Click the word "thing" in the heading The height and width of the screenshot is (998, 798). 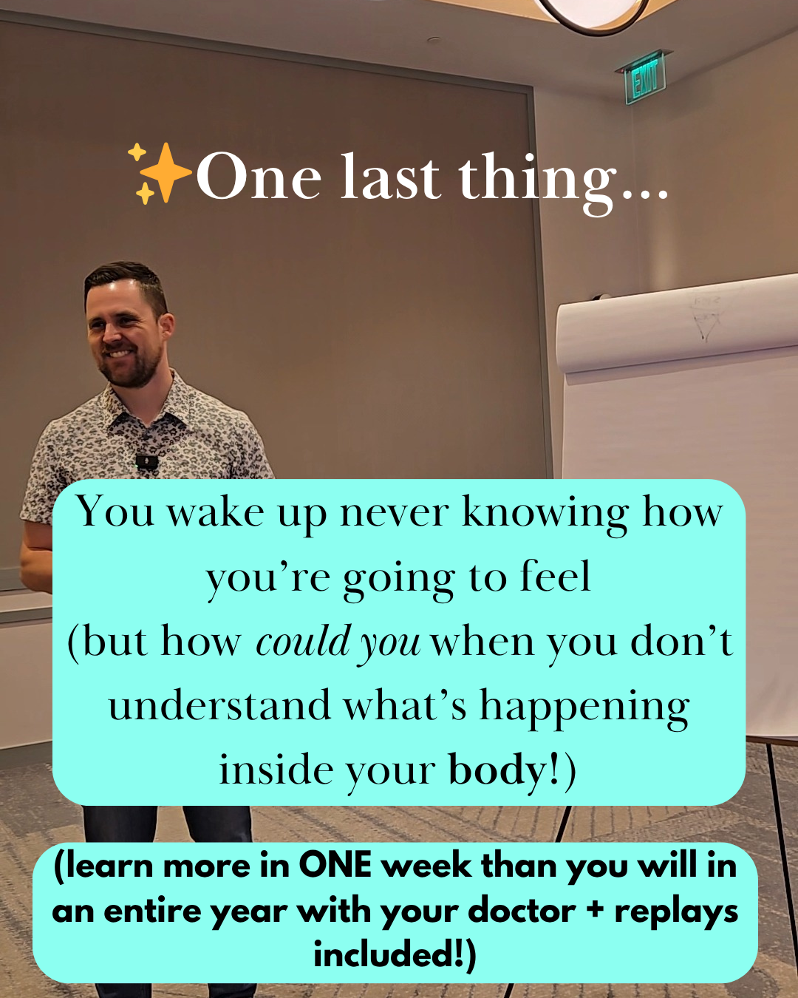(x=539, y=180)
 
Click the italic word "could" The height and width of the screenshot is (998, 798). (x=302, y=642)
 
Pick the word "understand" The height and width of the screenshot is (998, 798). (x=219, y=705)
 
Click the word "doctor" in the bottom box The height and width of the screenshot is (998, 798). (x=522, y=911)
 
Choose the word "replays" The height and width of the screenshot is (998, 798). (x=677, y=913)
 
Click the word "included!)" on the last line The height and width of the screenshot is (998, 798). (x=395, y=955)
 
